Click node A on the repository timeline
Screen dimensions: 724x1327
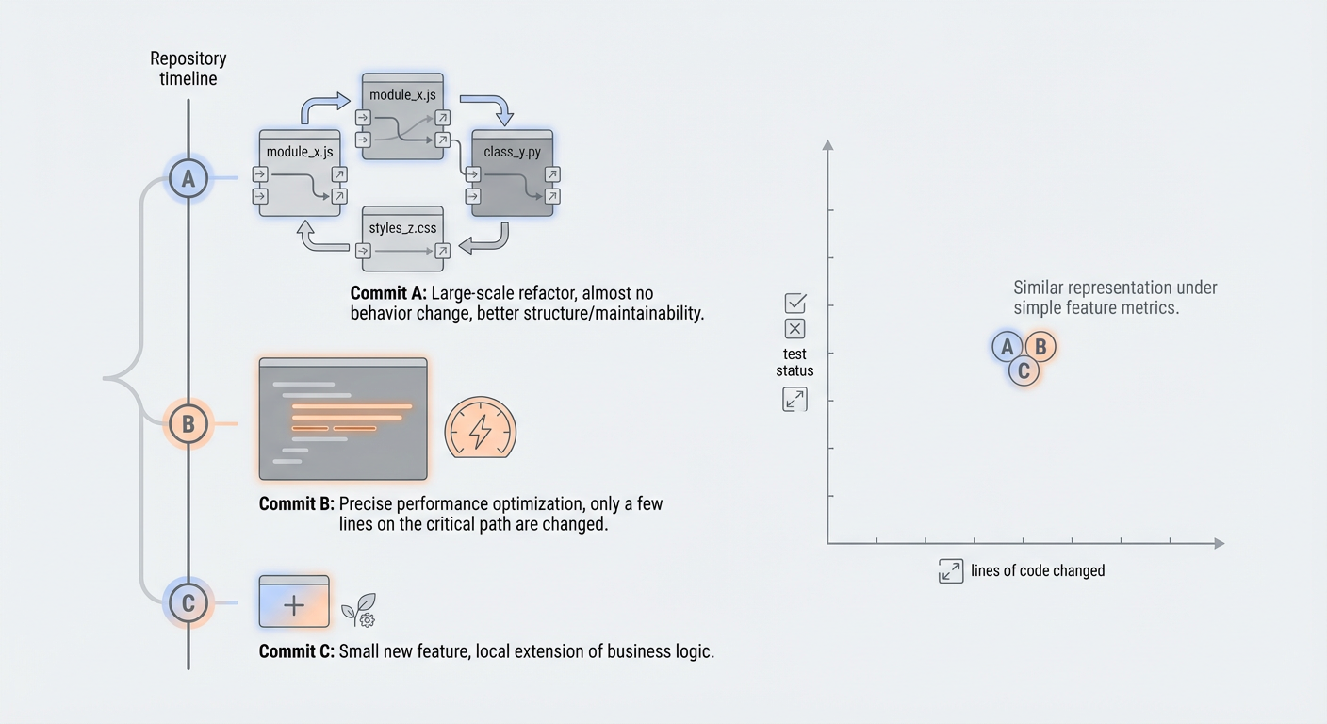188,178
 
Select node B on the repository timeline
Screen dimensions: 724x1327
188,424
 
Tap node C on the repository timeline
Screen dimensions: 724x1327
188,602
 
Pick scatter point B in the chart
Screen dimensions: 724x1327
1040,347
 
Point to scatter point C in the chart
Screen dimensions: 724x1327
1024,370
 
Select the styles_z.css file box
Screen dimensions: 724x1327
402,236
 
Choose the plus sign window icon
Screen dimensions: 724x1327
294,601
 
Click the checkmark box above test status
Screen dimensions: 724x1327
795,304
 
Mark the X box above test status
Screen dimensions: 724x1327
795,329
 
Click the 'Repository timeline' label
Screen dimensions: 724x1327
188,69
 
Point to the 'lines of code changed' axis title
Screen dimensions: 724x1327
1038,570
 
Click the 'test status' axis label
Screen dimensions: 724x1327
795,363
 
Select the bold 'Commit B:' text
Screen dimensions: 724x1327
296,504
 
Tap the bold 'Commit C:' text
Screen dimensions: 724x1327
296,651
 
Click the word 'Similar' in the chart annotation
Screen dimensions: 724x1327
1041,288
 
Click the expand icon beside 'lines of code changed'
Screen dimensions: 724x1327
951,570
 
